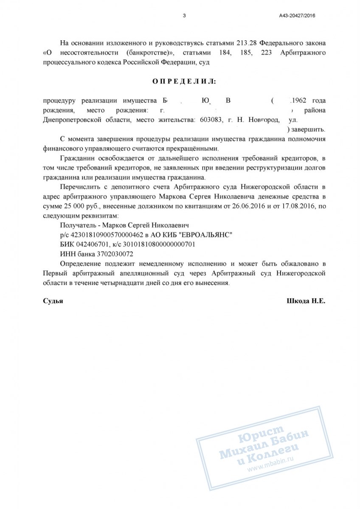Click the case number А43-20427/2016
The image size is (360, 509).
[297, 16]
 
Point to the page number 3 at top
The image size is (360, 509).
[184, 16]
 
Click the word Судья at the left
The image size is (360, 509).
[53, 300]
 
